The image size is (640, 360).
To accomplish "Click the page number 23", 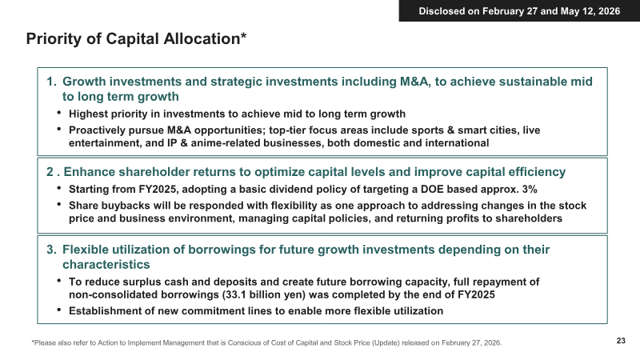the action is tap(621, 341).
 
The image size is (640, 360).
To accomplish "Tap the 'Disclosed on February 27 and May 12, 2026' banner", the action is tap(519, 11).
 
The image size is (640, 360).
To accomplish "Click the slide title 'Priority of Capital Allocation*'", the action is tap(136, 38).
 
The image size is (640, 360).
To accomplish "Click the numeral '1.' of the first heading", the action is tap(51, 82).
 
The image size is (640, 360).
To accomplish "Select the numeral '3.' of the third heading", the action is tap(51, 250).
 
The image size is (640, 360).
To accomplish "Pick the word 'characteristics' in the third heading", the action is tap(106, 265).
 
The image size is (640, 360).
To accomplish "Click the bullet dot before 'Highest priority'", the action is tap(59, 113).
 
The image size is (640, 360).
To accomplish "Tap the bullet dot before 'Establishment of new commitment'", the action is tap(59, 310).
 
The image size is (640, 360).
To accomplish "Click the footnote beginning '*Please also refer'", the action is tap(267, 343).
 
